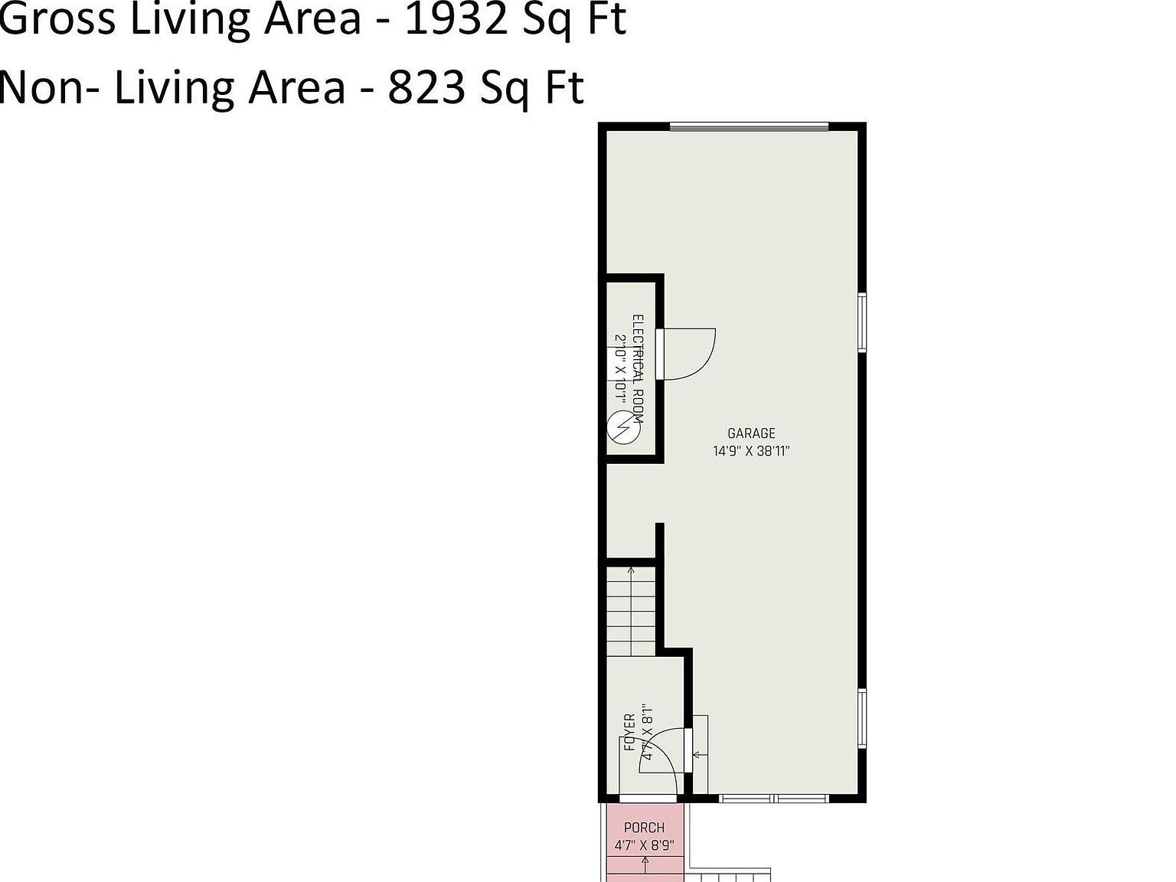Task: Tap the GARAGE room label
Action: pyautogui.click(x=751, y=433)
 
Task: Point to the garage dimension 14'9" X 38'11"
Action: pyautogui.click(x=751, y=451)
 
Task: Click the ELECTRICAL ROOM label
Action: pyautogui.click(x=638, y=368)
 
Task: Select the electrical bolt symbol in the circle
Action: pyautogui.click(x=622, y=427)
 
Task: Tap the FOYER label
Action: pyautogui.click(x=629, y=732)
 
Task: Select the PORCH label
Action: pyautogui.click(x=644, y=828)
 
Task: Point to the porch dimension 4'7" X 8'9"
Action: pyautogui.click(x=644, y=846)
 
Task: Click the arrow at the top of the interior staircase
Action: pyautogui.click(x=631, y=570)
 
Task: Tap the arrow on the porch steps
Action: pyautogui.click(x=645, y=864)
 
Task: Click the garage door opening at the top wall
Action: pyautogui.click(x=749, y=126)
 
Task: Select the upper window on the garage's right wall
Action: pyautogui.click(x=861, y=322)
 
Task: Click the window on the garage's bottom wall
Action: pyautogui.click(x=774, y=799)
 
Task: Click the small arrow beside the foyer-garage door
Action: pyautogui.click(x=697, y=755)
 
